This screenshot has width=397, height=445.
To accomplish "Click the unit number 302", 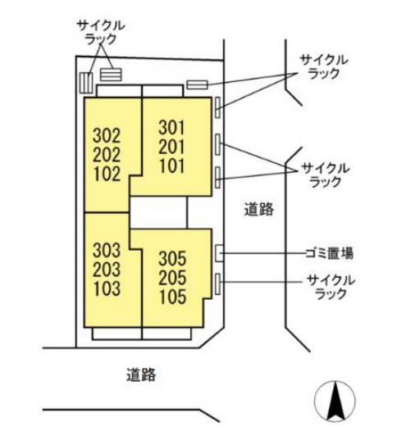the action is (107, 136).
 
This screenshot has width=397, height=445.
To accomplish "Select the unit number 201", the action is (171, 147).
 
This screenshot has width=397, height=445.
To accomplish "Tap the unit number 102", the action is (107, 174).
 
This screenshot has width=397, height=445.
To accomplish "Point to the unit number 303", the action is (107, 250).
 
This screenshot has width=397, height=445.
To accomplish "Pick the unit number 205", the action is (172, 277).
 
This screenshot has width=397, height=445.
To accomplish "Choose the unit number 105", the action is (172, 297).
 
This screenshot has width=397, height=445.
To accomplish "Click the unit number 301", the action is (171, 128).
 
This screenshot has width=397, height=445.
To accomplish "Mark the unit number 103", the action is (107, 288).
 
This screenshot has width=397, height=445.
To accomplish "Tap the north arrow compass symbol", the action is (335, 401).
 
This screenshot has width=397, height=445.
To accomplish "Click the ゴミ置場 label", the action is (330, 253).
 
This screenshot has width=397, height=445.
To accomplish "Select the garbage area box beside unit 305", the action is (219, 253).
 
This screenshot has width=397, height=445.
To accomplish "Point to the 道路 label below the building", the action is (141, 375).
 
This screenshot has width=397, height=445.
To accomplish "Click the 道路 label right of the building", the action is (259, 209).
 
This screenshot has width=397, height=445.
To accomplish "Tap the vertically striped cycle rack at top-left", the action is (86, 83).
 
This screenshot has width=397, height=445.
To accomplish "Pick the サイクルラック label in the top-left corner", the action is (101, 32).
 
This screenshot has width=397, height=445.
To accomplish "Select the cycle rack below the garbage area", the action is (218, 284).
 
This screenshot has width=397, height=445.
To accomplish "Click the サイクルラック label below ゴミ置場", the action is (331, 287).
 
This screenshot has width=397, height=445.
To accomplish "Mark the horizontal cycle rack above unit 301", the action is (198, 84).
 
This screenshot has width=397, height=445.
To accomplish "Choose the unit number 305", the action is (172, 258).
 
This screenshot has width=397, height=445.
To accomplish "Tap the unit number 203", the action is (107, 270).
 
